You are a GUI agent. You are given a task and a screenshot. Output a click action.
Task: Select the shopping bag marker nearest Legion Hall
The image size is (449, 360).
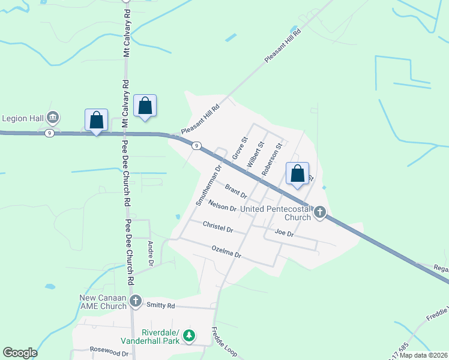click(97, 121)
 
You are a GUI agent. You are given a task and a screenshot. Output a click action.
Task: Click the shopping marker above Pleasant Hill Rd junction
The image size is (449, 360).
click(145, 106)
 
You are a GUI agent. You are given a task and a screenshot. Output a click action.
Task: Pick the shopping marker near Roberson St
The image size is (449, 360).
click(297, 174)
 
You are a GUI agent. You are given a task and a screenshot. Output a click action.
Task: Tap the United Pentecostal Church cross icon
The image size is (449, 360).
click(320, 212)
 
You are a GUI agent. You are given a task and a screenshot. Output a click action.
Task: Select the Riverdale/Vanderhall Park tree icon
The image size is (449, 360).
click(190, 335)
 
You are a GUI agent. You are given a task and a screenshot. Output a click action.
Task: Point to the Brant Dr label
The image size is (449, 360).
click(237, 191)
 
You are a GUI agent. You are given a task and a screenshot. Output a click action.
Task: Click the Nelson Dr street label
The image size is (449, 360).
click(222, 206)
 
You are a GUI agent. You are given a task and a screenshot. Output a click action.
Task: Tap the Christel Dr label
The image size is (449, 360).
click(218, 227)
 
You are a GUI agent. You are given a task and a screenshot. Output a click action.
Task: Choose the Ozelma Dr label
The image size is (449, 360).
click(226, 251)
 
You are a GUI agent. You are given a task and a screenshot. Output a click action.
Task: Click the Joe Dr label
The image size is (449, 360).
click(283, 233)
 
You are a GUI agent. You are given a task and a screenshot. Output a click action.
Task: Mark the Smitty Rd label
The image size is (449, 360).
click(161, 305)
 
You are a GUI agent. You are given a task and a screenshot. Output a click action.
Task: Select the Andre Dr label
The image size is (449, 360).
click(151, 254)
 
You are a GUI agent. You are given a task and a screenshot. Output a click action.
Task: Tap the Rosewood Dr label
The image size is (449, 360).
click(109, 353)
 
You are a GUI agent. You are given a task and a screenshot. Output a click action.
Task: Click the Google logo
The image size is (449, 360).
click(20, 353)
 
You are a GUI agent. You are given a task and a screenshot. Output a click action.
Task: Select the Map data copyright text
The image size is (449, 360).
click(423, 355)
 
